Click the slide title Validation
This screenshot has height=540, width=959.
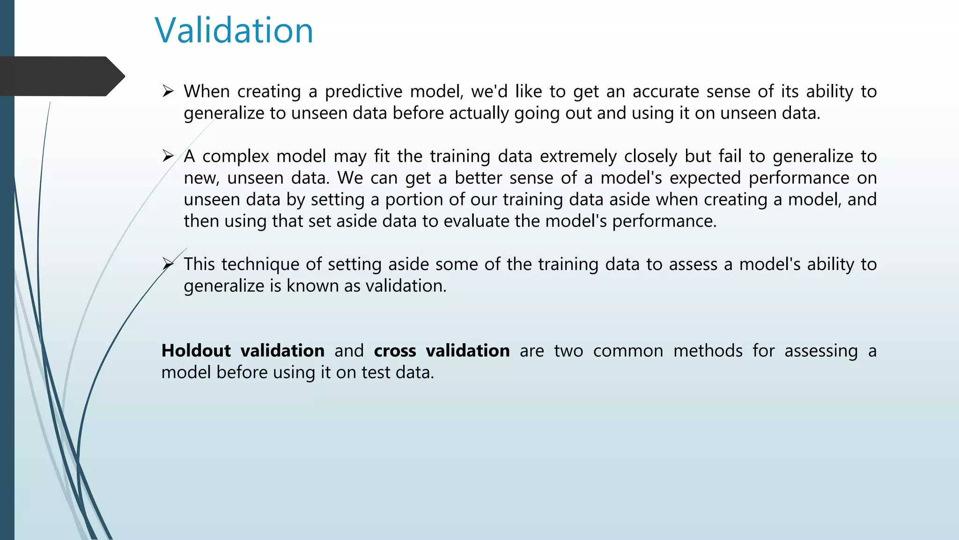(x=234, y=30)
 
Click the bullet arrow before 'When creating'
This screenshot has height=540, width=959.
(x=168, y=91)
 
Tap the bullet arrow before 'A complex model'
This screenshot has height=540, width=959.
(x=168, y=156)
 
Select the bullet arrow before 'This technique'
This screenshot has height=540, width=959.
(x=168, y=264)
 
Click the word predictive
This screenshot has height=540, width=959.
(x=363, y=92)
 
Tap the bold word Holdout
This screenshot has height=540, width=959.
(x=196, y=351)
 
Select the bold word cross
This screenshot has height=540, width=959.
(x=395, y=351)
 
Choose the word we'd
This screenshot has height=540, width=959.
(x=489, y=91)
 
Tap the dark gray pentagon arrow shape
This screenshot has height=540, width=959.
(x=61, y=76)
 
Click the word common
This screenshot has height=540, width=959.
(x=627, y=351)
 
